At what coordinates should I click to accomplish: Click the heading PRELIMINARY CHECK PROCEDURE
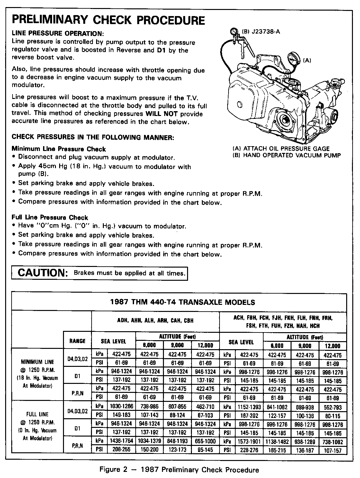[x=108, y=20]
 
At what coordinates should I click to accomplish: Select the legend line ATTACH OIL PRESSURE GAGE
[x=281, y=149]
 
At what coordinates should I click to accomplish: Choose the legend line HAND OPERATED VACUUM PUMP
[x=287, y=155]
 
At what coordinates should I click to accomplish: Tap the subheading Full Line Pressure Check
[x=50, y=217]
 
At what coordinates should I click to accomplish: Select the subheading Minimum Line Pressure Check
[x=59, y=149]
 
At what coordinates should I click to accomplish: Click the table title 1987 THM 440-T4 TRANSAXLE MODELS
[x=182, y=302]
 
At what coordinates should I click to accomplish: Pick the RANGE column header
[x=77, y=341]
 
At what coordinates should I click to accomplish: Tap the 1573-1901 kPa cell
[x=249, y=441]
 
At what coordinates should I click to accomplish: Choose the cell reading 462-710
[x=205, y=407]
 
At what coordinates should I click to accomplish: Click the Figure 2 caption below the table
[x=179, y=470]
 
